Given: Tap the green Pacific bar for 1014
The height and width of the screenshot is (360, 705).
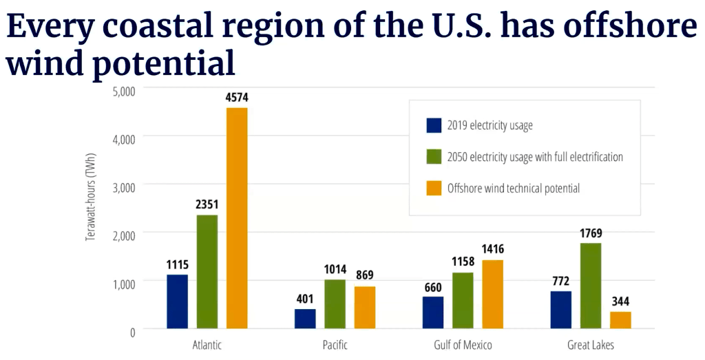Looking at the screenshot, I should tap(335, 304).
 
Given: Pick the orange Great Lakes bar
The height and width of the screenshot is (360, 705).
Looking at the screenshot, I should tap(620, 320).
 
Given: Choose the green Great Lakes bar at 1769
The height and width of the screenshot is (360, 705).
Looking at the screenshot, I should tap(591, 286).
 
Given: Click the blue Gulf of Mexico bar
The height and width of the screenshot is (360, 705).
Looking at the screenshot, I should tap(433, 313).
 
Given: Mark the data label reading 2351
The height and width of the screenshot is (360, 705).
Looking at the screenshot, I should tap(207, 204).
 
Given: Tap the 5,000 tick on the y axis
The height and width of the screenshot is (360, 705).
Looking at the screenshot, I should tap(123, 90).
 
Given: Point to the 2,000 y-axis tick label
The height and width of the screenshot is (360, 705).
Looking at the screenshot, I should tap(123, 235).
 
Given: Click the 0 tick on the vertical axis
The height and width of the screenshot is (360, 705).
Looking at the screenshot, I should tap(132, 331).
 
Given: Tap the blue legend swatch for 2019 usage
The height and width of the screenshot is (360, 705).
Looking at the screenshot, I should tap(434, 125).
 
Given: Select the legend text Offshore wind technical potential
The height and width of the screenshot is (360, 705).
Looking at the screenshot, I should tap(514, 188).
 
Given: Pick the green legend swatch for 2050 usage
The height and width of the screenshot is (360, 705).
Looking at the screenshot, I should tap(434, 157).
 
